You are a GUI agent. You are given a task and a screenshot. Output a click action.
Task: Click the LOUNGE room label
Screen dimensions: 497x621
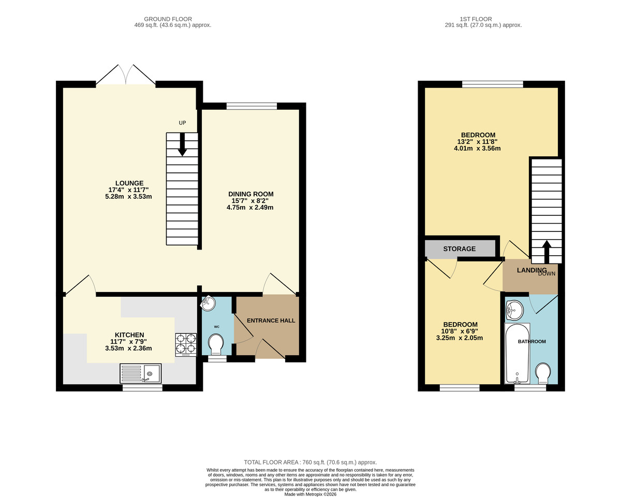(129, 183)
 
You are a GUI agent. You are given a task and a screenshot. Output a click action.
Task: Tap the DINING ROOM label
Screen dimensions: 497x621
(250, 194)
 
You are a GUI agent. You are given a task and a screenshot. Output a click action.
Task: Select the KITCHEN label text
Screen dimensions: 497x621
(129, 335)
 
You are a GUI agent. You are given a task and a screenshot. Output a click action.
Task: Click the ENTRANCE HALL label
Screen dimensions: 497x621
(271, 320)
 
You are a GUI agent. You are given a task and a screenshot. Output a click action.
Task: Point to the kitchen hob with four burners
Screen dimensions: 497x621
(186, 344)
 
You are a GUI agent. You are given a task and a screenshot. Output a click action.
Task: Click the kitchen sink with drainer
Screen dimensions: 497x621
(141, 373)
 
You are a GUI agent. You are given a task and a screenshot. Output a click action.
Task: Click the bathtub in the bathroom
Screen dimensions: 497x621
(517, 354)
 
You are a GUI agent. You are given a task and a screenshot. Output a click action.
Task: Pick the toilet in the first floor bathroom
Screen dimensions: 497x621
(543, 373)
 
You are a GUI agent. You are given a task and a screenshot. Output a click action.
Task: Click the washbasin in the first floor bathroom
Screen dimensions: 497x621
(514, 310)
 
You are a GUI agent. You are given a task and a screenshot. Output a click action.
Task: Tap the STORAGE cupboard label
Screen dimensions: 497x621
(459, 249)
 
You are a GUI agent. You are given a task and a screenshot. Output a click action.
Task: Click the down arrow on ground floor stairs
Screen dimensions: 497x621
(182, 144)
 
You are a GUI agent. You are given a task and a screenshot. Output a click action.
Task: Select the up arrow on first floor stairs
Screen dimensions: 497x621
(546, 251)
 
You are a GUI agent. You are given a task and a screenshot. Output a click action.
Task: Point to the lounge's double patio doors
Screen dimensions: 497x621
(125, 76)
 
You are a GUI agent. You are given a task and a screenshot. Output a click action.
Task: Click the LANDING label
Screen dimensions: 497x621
(531, 270)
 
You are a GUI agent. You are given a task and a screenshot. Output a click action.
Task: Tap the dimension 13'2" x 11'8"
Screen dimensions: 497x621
(477, 142)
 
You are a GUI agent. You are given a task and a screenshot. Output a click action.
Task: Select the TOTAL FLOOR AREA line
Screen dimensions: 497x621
(310, 462)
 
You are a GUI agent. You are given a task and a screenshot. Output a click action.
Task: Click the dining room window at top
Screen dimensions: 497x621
(252, 106)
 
